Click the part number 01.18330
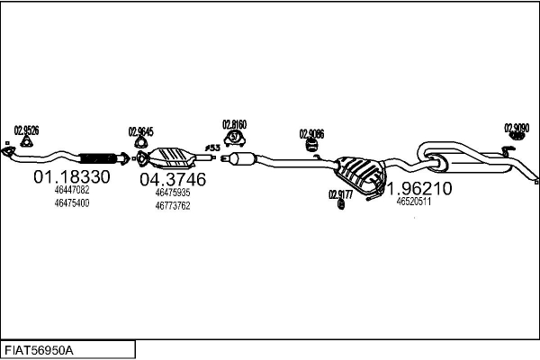(72, 177)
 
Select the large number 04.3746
(173, 179)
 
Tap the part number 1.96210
(420, 189)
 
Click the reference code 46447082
(72, 191)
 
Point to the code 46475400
(72, 203)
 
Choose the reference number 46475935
(173, 193)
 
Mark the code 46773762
(173, 205)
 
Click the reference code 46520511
(414, 202)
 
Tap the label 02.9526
(27, 129)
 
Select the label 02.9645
(140, 130)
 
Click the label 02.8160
(235, 123)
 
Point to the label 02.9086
(311, 134)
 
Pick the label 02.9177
(340, 193)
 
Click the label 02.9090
(517, 127)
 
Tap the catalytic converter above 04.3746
(172, 157)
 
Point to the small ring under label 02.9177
(341, 204)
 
